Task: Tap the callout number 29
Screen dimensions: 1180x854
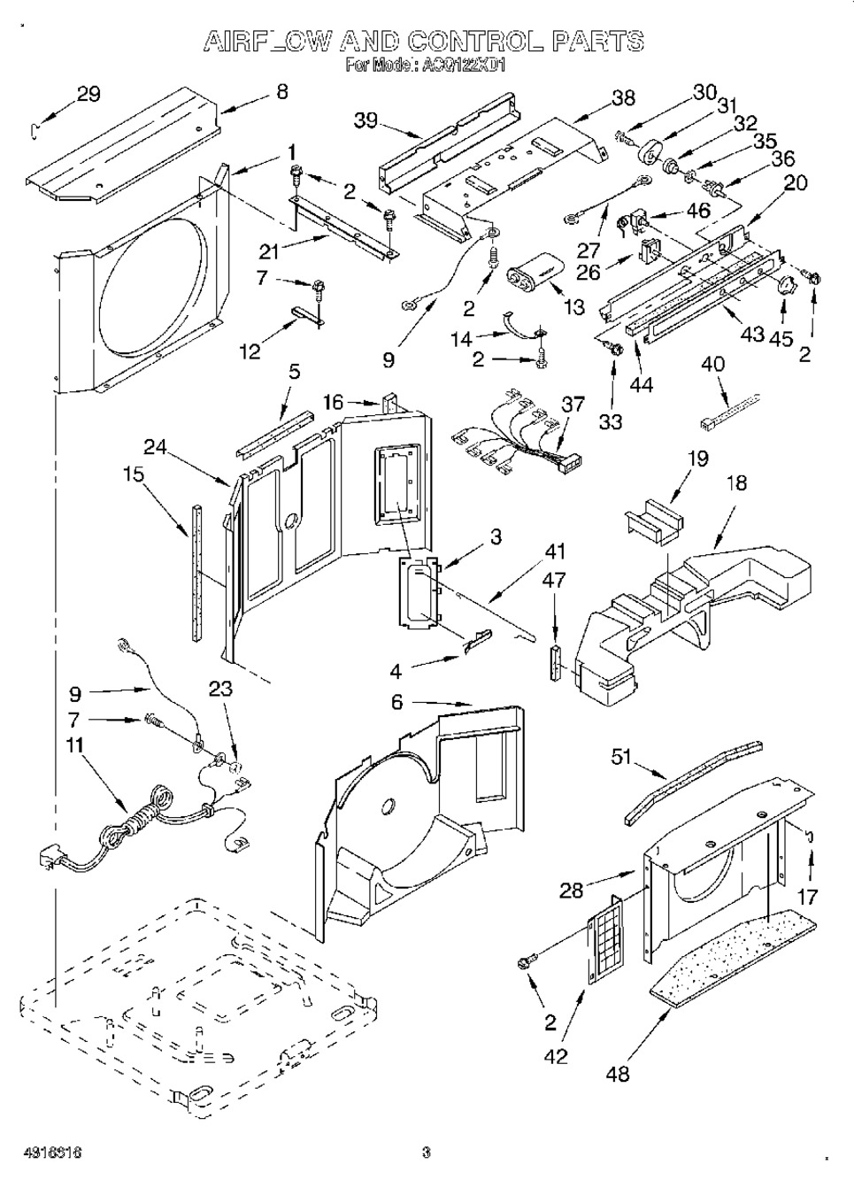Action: pyautogui.click(x=88, y=94)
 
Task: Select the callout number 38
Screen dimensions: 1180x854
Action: pyautogui.click(x=623, y=99)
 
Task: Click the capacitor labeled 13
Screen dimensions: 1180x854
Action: pyautogui.click(x=537, y=266)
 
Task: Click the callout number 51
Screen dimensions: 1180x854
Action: pyautogui.click(x=623, y=756)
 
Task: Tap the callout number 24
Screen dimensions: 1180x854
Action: pyautogui.click(x=156, y=447)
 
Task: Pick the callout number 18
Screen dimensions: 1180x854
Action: pyautogui.click(x=736, y=482)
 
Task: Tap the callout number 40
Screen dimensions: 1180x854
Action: pyautogui.click(x=712, y=363)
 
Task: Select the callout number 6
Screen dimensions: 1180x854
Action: pyautogui.click(x=396, y=702)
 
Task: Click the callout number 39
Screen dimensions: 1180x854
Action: pyautogui.click(x=365, y=121)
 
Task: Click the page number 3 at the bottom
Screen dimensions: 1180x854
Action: pyautogui.click(x=426, y=1153)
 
